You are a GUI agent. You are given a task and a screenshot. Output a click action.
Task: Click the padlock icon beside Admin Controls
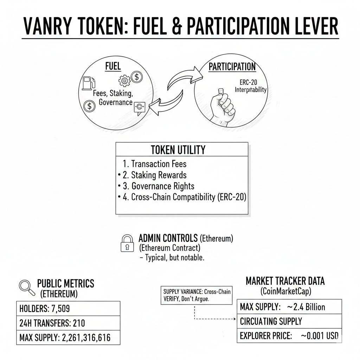pyautogui.click(x=127, y=243)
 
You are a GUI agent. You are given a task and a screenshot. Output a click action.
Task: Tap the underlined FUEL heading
pyautogui.click(x=113, y=66)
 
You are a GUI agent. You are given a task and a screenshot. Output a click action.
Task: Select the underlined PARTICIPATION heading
pyautogui.click(x=232, y=67)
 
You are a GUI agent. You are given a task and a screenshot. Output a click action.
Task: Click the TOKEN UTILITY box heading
pyautogui.click(x=178, y=150)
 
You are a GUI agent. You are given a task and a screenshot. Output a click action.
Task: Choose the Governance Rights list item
pyautogui.click(x=163, y=186)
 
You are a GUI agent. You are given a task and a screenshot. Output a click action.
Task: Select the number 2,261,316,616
pyautogui.click(x=86, y=338)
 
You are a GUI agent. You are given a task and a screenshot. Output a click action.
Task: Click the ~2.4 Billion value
pyautogui.click(x=306, y=307)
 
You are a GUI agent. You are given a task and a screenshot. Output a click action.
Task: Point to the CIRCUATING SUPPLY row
pyautogui.click(x=271, y=321)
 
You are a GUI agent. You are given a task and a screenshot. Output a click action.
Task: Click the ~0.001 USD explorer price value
pyautogui.click(x=320, y=336)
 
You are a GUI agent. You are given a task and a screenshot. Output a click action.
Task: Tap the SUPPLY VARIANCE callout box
pyautogui.click(x=195, y=295)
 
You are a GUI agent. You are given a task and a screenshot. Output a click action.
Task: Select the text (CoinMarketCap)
pyautogui.click(x=285, y=291)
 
